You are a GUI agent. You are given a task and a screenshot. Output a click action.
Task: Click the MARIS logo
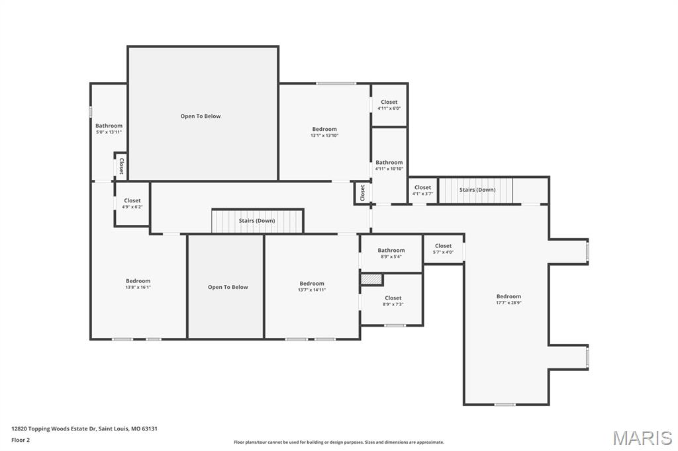point(642,438)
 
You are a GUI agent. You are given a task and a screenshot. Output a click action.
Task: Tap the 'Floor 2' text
point(21,439)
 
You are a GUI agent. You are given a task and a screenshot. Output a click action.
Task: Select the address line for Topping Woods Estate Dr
point(84,429)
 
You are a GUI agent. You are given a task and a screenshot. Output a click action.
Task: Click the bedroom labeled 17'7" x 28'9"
point(508,299)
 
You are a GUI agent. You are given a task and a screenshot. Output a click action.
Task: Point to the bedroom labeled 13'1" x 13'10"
point(324,132)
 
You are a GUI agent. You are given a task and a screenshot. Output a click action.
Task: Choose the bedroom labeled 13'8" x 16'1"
point(138,284)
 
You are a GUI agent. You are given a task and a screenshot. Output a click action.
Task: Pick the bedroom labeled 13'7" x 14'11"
point(311,286)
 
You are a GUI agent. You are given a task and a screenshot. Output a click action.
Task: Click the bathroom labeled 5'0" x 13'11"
point(109,128)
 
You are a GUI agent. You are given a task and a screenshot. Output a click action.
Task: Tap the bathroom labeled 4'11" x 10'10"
point(389,165)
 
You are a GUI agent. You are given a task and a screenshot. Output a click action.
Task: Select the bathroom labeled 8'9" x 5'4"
point(391,253)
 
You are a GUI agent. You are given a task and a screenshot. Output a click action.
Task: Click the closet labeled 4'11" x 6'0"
point(389,104)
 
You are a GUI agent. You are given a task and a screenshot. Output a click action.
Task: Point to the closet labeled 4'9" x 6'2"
point(132,203)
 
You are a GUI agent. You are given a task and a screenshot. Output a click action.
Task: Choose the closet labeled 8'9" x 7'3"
point(393,301)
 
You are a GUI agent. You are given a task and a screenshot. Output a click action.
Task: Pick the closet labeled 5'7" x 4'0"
point(443,249)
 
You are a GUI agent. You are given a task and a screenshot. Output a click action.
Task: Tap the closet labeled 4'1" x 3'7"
point(422,190)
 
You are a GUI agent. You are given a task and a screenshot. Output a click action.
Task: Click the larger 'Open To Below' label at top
point(201,116)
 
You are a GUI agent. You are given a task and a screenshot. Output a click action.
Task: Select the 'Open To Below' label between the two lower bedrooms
point(228,287)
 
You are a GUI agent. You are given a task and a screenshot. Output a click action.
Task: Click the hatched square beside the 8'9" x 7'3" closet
point(371,280)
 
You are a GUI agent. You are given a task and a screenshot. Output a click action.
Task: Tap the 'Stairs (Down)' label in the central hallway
point(257,220)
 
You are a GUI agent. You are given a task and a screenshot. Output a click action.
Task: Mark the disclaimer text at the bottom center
point(338,442)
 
